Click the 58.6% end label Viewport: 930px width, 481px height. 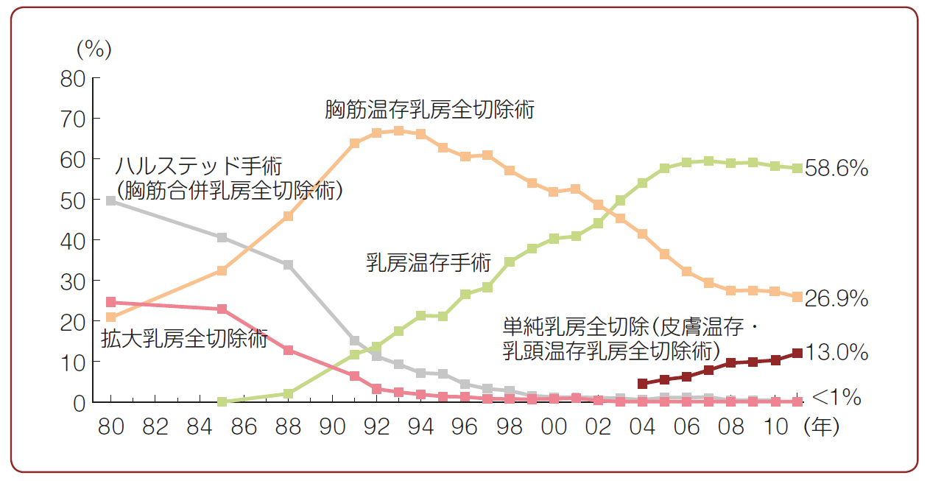click(x=837, y=169)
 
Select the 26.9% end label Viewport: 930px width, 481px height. click(x=837, y=299)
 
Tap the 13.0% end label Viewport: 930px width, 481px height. click(x=837, y=353)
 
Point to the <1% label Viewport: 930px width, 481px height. click(x=836, y=399)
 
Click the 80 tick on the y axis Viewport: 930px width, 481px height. click(x=74, y=78)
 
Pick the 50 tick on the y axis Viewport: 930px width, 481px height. click(x=74, y=200)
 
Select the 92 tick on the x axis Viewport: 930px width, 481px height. click(x=377, y=427)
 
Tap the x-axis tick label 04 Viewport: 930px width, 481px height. click(x=642, y=427)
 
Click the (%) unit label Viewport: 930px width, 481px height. click(x=94, y=49)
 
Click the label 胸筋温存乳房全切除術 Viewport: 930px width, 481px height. click(x=430, y=110)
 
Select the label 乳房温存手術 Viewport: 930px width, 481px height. click(x=428, y=263)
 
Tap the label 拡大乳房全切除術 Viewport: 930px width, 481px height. click(x=184, y=339)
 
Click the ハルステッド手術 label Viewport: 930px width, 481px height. click(x=199, y=166)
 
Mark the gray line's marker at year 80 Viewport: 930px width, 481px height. click(x=111, y=200)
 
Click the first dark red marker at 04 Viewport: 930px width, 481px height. click(x=642, y=384)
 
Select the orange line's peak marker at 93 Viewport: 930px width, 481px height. click(x=398, y=130)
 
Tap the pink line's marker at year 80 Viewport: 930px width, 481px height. click(x=111, y=302)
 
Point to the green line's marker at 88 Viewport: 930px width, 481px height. click(x=288, y=394)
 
